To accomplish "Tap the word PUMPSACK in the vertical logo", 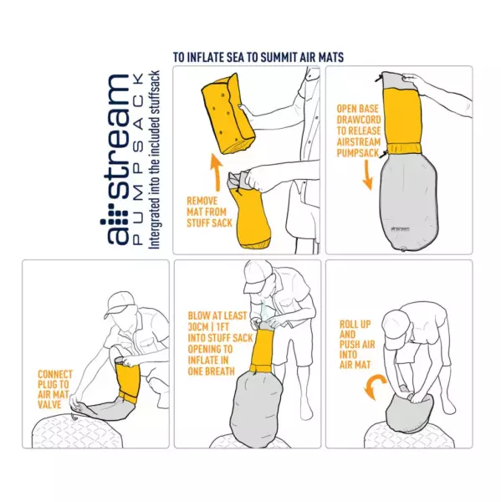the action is pos(138,159).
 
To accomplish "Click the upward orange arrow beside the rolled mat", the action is pos(217,172).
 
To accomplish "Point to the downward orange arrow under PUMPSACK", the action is pos(367,175).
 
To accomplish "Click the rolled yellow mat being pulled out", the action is pos(228,113).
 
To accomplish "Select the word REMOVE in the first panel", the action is pos(202,201).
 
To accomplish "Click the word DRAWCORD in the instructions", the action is pos(359,120).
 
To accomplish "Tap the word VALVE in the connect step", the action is pos(49,404).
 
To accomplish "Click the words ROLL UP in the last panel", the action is pos(355,325).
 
